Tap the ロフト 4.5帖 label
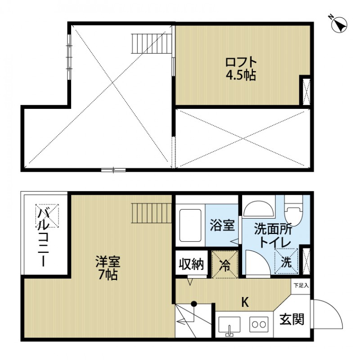(241, 68)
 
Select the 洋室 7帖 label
(107, 268)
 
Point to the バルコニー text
(44, 236)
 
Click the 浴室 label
(222, 225)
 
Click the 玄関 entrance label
(292, 319)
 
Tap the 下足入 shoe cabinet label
(300, 285)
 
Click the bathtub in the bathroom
(190, 225)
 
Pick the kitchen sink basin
(229, 324)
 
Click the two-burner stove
(259, 324)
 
